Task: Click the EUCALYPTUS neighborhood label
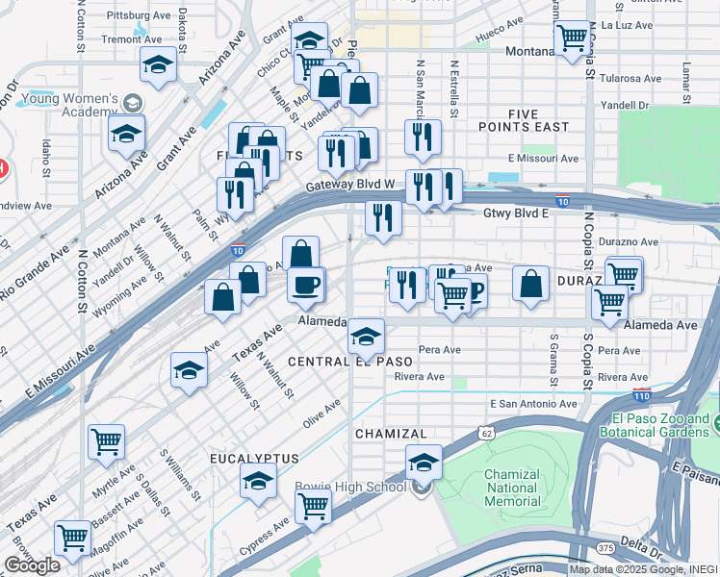click(x=254, y=459)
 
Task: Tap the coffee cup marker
click(x=307, y=285)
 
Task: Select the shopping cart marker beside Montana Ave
click(x=573, y=39)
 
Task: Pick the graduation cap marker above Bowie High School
click(x=423, y=462)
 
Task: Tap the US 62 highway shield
click(x=488, y=434)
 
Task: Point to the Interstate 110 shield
click(x=641, y=394)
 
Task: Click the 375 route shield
click(x=604, y=547)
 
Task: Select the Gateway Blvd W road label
click(x=351, y=185)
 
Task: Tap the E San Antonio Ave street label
click(x=533, y=405)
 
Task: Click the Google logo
click(x=32, y=564)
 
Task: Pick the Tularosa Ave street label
click(x=630, y=79)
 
